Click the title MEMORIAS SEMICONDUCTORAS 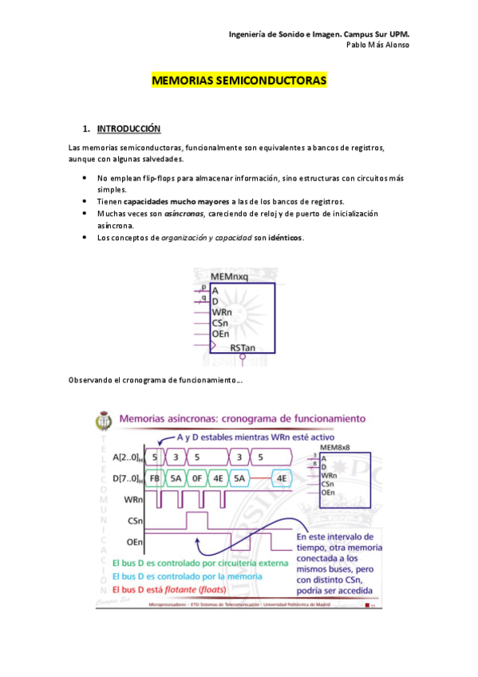pos(239,81)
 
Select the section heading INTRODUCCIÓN pos(128,129)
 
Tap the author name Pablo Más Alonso pos(377,45)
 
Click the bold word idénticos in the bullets pos(286,238)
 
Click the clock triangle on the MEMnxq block pos(214,345)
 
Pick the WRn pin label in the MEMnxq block pos(221,311)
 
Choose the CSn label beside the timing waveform pos(133,521)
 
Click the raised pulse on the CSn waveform pos(197,521)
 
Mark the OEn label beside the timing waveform pos(133,542)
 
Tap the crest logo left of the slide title pos(105,421)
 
